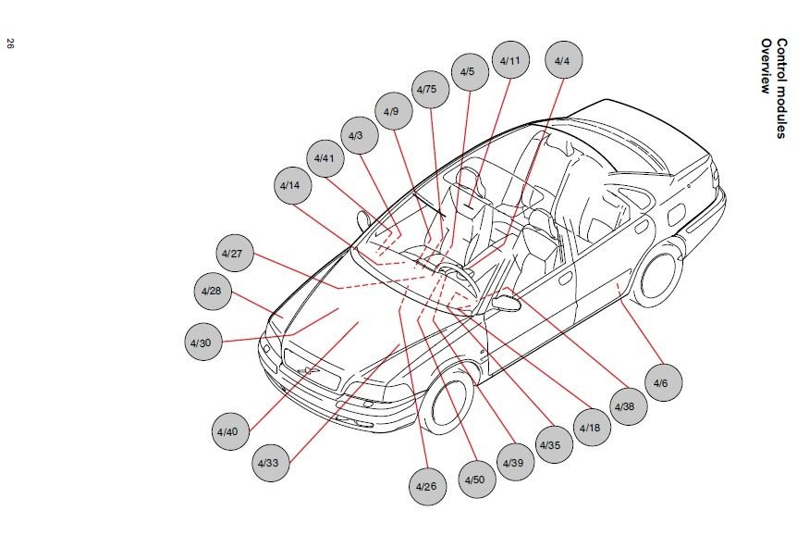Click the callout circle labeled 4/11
(509, 61)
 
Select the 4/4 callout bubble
(562, 61)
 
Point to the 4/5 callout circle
(468, 71)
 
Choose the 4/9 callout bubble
(391, 112)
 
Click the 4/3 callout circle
(356, 136)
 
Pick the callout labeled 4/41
(323, 158)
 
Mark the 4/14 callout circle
(290, 185)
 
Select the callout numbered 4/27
(235, 254)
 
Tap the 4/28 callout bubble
(212, 291)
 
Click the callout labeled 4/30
(202, 342)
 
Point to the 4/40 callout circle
(227, 431)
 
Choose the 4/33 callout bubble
(268, 462)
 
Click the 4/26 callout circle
(425, 486)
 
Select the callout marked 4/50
(473, 479)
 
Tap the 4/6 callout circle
(661, 382)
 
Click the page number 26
(10, 44)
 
